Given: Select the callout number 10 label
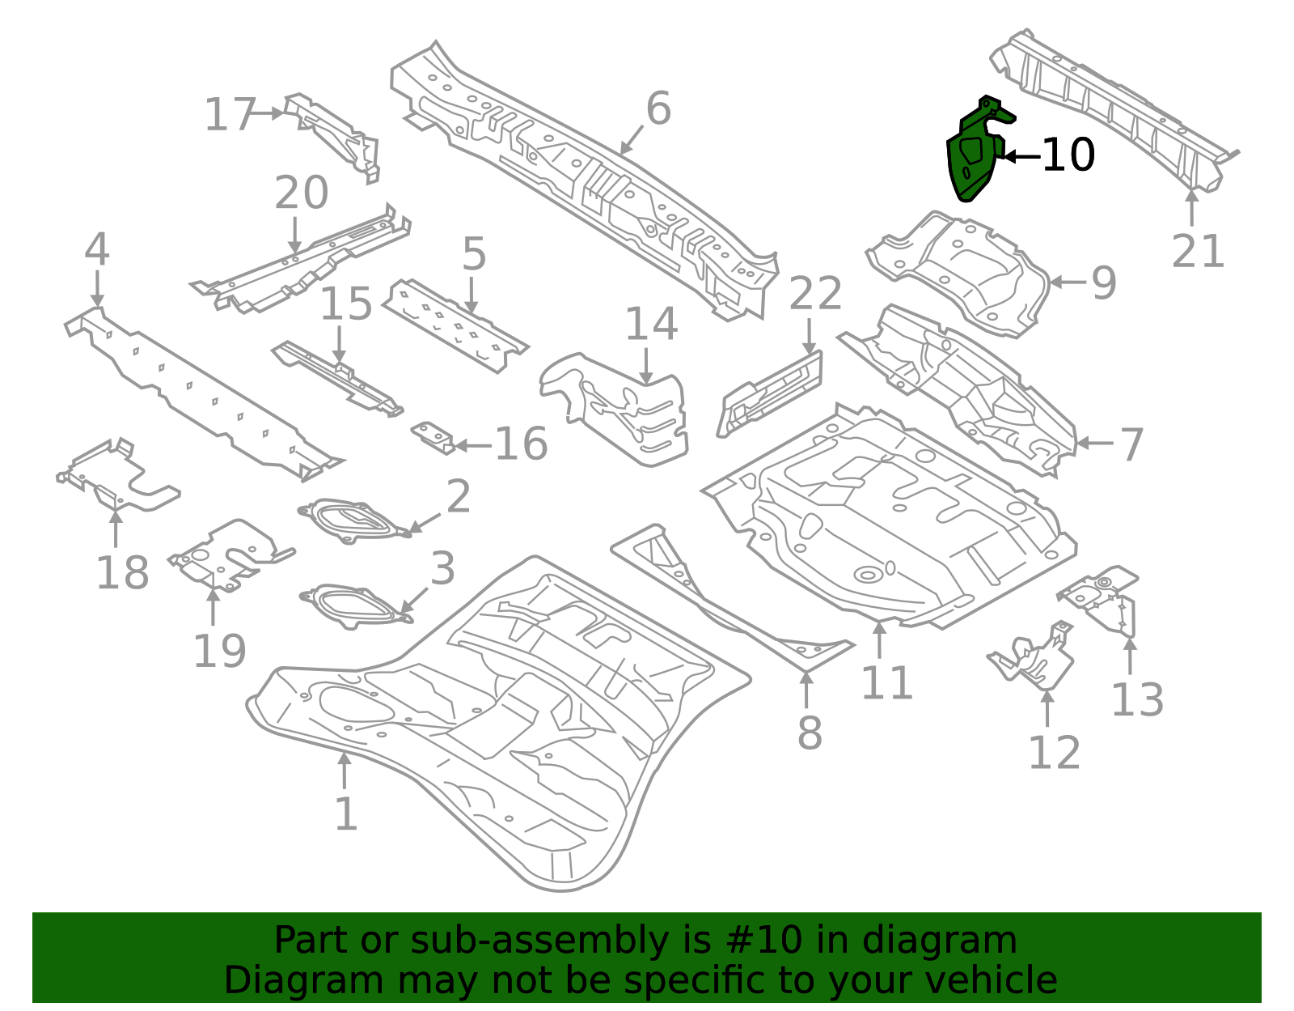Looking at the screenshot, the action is coord(1069,155).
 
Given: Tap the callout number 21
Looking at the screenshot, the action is coord(1198,251).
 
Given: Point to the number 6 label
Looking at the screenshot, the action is coord(658,108).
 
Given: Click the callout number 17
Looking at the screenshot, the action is coord(230,114).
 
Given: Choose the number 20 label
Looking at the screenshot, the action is coord(302,193).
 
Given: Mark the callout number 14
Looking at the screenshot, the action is coord(652,324).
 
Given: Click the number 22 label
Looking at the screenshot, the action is coord(815,293).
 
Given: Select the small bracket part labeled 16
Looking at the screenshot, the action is coord(433,438).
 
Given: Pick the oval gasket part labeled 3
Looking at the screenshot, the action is coord(356,606).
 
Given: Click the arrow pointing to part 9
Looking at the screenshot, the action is coord(1068,282).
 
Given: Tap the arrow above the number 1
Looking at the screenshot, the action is coord(345,771).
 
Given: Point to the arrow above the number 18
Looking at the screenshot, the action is coord(116,529).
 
